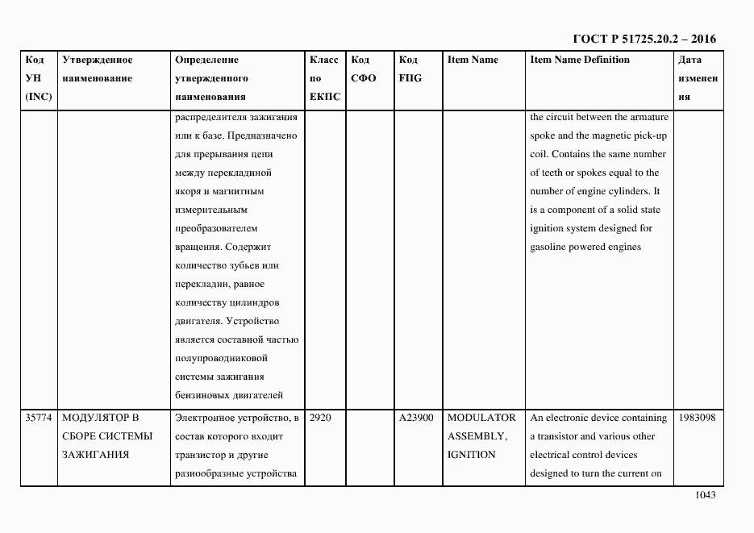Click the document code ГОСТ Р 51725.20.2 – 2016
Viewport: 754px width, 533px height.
[x=644, y=39]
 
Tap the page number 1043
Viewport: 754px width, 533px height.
[x=706, y=496]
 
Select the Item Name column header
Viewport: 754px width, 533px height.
[x=473, y=60]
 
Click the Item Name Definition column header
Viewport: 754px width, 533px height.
[x=580, y=60]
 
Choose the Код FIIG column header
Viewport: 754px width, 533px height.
[x=410, y=69]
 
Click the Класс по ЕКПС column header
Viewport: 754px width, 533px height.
[x=324, y=78]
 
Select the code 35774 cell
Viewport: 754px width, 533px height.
[x=39, y=418]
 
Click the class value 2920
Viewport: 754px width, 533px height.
[x=320, y=418]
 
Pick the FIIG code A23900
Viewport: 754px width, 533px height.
[x=416, y=418]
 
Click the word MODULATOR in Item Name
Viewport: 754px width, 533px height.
[x=481, y=418]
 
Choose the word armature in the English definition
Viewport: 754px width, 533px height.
[x=643, y=117]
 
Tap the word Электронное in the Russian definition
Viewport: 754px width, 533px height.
[x=205, y=418]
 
